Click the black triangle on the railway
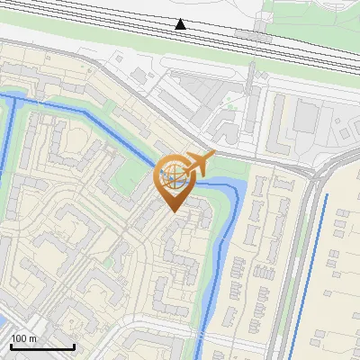point(181,23)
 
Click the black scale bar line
point(41,346)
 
